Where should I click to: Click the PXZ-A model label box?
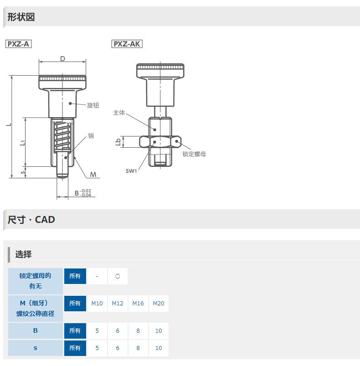coord(18,44)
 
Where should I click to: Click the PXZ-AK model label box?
coord(127,44)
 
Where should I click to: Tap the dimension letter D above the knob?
coord(62,59)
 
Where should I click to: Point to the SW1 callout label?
coord(131,171)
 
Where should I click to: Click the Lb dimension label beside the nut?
coord(118,142)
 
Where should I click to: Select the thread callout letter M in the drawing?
coord(93,175)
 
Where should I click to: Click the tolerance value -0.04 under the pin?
coord(85,195)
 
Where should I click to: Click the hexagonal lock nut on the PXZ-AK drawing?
coord(160,142)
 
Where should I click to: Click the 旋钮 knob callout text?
coord(93,105)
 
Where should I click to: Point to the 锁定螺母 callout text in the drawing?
coord(194,154)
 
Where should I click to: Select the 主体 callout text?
coord(119,113)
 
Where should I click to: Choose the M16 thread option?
coord(138,303)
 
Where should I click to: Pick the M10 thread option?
coord(97,303)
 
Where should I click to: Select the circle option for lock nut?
coord(118,276)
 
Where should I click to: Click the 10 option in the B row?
coord(159,330)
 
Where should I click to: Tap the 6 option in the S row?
coord(118,348)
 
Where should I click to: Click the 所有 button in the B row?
coord(75,330)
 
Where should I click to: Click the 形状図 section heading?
coord(21,17)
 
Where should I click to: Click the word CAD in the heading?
coord(45,220)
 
